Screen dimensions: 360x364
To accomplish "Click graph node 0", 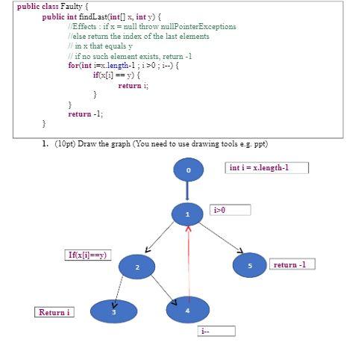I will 188,171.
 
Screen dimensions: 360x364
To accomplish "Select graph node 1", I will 188,215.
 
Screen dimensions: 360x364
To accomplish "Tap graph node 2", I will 137,266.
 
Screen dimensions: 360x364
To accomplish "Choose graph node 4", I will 188,309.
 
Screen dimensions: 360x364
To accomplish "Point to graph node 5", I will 251,264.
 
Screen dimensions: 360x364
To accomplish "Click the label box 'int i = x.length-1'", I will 266,168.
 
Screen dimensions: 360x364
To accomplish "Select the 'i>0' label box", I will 230,210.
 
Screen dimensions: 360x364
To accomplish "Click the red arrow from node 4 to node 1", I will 189,261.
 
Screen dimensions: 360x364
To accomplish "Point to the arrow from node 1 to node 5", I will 222,237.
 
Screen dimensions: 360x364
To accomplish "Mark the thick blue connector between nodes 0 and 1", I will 188,193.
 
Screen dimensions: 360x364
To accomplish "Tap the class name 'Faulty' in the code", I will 63,5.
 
